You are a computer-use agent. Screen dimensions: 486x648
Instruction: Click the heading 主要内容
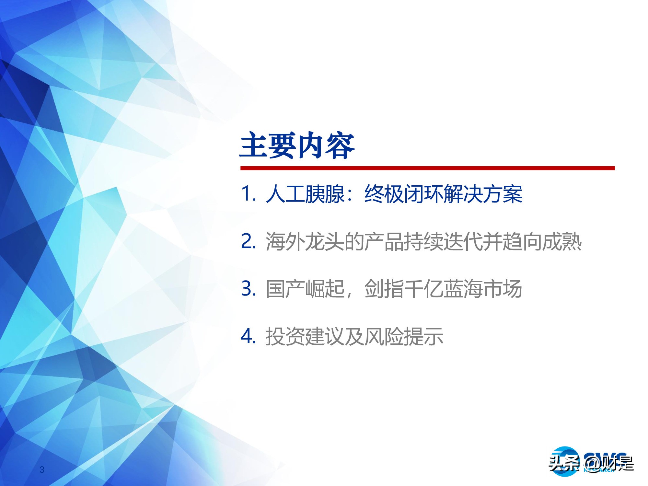pos(297,145)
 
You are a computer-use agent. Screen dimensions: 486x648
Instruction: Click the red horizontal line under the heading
pos(427,168)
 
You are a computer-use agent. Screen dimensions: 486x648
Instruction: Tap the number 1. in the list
pos(249,194)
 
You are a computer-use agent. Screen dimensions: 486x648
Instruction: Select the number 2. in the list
pos(249,242)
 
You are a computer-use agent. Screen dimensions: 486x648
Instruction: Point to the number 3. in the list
pos(249,289)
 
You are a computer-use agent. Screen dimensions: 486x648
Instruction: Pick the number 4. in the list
pos(249,336)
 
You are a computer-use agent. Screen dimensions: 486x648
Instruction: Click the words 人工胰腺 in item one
pos(305,194)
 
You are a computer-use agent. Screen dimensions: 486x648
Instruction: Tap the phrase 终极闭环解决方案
pos(443,194)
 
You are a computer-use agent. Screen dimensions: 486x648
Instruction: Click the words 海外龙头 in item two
pos(305,242)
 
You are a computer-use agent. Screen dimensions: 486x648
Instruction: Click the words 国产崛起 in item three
pos(305,289)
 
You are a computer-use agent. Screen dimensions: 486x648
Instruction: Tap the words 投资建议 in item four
pos(305,336)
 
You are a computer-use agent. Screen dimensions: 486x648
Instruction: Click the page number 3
pos(42,470)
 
